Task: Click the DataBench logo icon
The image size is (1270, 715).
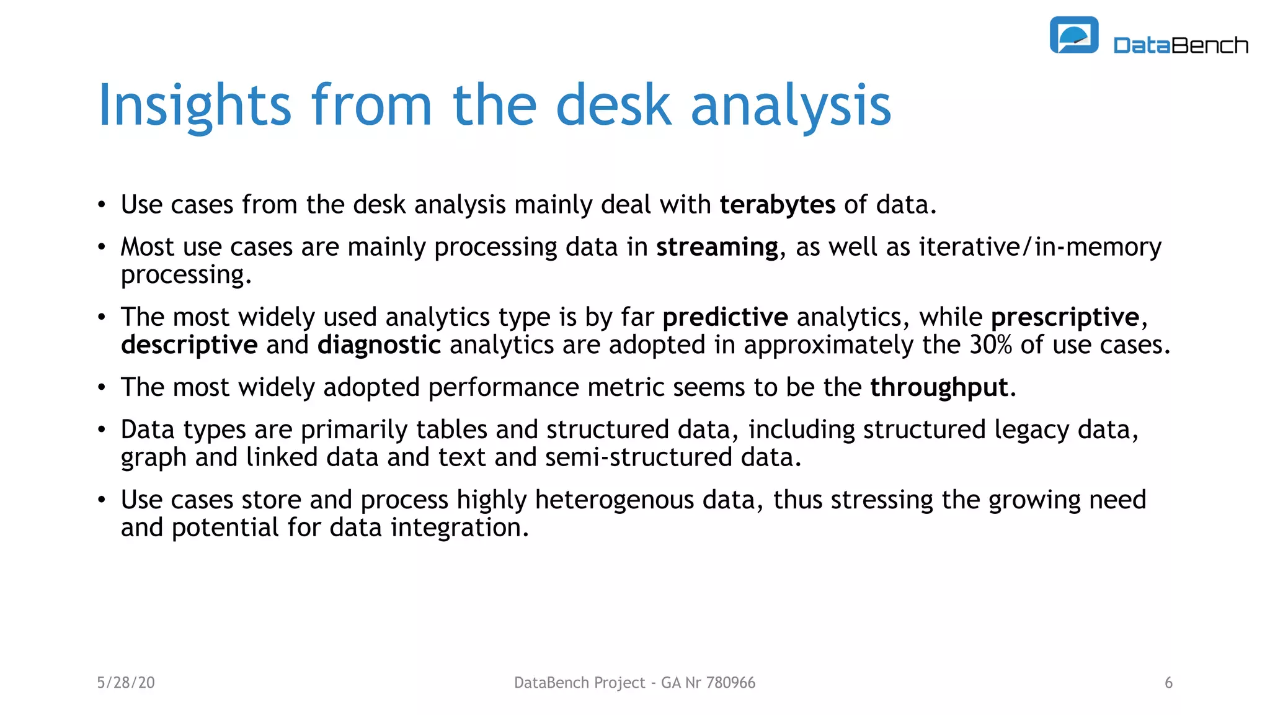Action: click(x=1074, y=35)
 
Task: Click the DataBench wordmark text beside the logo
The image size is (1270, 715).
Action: click(x=1181, y=45)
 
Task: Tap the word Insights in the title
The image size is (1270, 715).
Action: click(x=194, y=106)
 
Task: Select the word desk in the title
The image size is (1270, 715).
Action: click(x=613, y=106)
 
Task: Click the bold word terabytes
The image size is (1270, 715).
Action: click(x=777, y=205)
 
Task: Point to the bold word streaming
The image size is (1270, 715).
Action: click(x=717, y=247)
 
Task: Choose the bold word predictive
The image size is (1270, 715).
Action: click(x=725, y=317)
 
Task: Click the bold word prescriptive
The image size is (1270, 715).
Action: click(x=1065, y=317)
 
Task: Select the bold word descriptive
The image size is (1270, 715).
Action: click(x=189, y=345)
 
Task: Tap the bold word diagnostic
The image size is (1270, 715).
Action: click(x=379, y=345)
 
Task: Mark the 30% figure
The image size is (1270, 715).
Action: click(x=991, y=345)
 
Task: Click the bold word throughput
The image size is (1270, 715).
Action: click(x=939, y=388)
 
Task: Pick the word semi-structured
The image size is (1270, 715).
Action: click(x=639, y=457)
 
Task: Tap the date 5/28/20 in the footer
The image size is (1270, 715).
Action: click(x=126, y=683)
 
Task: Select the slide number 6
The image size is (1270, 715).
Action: click(x=1168, y=683)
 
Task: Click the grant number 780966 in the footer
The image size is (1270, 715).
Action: click(x=730, y=683)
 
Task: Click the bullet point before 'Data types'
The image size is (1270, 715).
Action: click(x=102, y=430)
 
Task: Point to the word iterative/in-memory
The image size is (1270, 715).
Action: click(x=1039, y=247)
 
